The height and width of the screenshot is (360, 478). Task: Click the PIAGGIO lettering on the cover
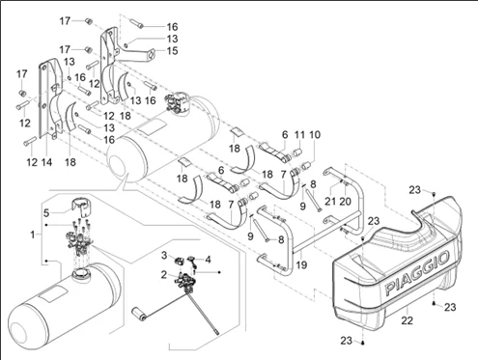[417, 273]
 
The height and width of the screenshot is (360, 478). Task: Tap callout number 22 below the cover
[407, 320]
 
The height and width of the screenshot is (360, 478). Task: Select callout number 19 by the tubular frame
[301, 264]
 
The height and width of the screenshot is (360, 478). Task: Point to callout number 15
[173, 50]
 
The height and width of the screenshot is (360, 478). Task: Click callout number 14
[46, 162]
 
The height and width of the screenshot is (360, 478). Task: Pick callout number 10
[315, 134]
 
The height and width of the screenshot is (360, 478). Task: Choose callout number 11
[299, 134]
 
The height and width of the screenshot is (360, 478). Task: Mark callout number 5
[46, 212]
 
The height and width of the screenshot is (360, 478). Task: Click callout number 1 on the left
[33, 235]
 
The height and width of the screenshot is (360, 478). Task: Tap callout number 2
[164, 275]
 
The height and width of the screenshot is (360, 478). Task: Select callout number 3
[164, 256]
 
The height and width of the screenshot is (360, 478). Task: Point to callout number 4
[209, 260]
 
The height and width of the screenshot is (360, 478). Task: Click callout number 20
[345, 202]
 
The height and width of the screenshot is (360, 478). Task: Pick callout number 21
[330, 202]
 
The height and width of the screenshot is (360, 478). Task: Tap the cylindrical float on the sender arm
[140, 314]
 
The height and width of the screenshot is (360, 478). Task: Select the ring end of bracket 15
[152, 53]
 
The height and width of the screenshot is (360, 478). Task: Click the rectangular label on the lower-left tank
[53, 294]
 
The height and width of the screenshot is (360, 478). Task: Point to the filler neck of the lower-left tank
[80, 274]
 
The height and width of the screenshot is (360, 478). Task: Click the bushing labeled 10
[307, 167]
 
